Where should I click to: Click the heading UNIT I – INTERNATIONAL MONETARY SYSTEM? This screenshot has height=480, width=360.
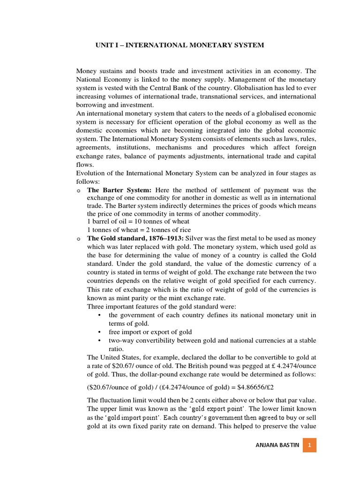(180, 45)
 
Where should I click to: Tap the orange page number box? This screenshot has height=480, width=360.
(309, 445)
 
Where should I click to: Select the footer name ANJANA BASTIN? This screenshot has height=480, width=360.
(277, 445)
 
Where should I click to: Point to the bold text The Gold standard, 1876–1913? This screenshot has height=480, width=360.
(135, 239)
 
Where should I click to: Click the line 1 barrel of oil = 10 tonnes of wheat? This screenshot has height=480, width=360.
(138, 221)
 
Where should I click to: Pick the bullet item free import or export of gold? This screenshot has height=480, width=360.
(150, 332)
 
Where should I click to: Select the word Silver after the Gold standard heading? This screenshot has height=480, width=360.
(195, 239)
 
